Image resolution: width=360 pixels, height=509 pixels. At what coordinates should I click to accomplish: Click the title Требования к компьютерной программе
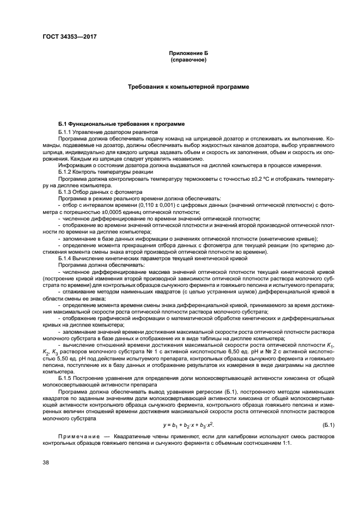188,87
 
